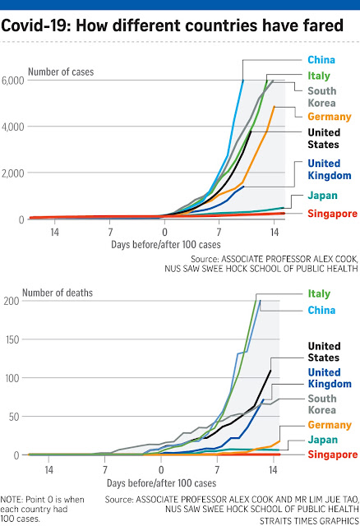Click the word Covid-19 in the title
click(x=36, y=25)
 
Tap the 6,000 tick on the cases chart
click(x=13, y=81)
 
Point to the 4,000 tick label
click(x=13, y=127)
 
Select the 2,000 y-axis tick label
click(x=13, y=173)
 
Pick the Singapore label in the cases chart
click(x=333, y=214)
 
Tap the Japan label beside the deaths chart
click(x=322, y=440)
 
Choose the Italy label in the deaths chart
click(x=319, y=294)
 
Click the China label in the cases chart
click(x=321, y=60)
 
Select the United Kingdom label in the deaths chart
click(x=330, y=378)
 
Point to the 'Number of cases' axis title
click(x=61, y=72)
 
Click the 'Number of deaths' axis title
click(x=58, y=293)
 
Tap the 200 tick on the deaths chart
click(x=12, y=301)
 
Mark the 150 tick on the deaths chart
click(x=12, y=339)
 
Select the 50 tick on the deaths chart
click(x=14, y=417)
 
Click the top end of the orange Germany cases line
click(x=275, y=106)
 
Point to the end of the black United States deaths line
click(x=270, y=371)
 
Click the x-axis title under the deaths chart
click(x=161, y=483)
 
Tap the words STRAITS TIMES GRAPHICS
click(x=309, y=520)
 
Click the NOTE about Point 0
click(x=42, y=510)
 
